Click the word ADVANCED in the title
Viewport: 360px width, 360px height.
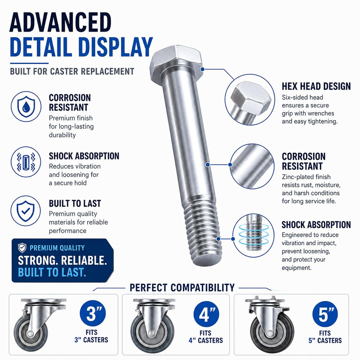tap(60, 22)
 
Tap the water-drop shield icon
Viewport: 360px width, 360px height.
tap(26, 107)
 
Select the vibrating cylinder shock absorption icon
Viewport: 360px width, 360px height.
tap(26, 162)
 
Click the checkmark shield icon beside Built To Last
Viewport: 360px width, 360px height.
tap(26, 211)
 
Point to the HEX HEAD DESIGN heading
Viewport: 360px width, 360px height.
tap(316, 86)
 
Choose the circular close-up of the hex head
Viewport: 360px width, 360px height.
tap(250, 100)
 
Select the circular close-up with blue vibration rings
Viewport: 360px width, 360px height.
tap(253, 235)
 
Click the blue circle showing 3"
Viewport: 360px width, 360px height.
tap(93, 314)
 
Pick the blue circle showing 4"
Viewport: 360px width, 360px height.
tap(206, 314)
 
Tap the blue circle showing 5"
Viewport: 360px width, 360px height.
tap(325, 314)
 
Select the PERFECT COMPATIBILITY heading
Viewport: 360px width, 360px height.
tap(182, 287)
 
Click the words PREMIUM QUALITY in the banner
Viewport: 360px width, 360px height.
tap(57, 248)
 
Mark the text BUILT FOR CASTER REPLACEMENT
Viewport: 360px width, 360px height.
tap(72, 71)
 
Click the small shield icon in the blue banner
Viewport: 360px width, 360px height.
tap(22, 248)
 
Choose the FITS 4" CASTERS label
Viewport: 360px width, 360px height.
tap(206, 337)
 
